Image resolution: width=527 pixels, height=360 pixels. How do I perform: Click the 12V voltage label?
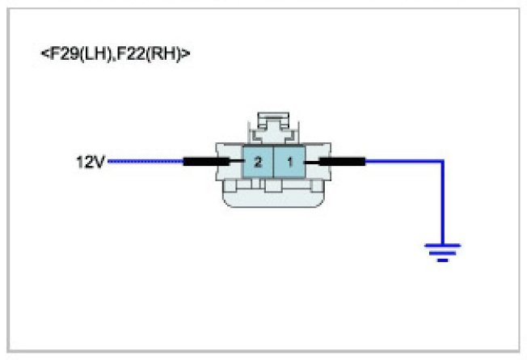point(89,162)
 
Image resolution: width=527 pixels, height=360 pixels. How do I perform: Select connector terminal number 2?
point(257,162)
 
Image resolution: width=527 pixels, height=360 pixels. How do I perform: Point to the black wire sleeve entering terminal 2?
point(207,162)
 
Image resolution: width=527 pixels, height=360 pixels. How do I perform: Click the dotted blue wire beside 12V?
point(145,162)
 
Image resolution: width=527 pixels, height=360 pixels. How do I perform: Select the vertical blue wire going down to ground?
point(442,202)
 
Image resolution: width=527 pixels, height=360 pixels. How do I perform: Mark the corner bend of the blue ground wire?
point(442,162)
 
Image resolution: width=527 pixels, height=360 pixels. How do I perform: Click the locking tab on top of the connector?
point(274,126)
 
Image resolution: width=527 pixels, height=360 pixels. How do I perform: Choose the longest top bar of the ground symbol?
point(442,245)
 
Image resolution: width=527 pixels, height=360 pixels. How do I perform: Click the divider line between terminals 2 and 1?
point(274,162)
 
